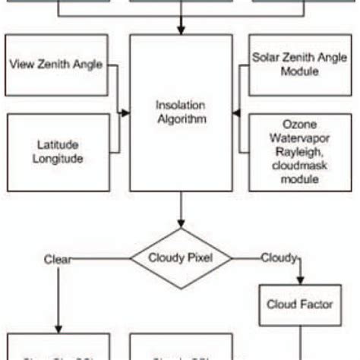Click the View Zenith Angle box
[57, 65]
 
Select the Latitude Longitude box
[57, 151]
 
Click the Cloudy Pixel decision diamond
[180, 257]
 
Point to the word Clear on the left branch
[58, 258]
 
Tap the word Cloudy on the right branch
[278, 257]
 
